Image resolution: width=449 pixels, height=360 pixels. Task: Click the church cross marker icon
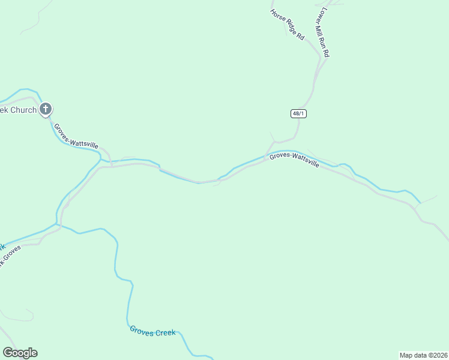(x=46, y=109)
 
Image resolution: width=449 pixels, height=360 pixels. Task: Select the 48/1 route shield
(x=298, y=113)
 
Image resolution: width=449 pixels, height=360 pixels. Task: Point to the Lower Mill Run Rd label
(x=323, y=32)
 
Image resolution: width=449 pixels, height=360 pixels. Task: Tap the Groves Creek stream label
(x=152, y=331)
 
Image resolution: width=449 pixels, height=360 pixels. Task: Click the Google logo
(x=20, y=353)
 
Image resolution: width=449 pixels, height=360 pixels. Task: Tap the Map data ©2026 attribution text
(x=423, y=355)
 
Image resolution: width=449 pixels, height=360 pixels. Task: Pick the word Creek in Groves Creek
(x=166, y=332)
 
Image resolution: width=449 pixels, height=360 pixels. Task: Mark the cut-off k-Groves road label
(x=11, y=255)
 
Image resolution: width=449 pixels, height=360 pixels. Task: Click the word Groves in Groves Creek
(x=142, y=329)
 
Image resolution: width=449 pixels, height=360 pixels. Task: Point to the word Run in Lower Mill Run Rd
(x=325, y=44)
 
